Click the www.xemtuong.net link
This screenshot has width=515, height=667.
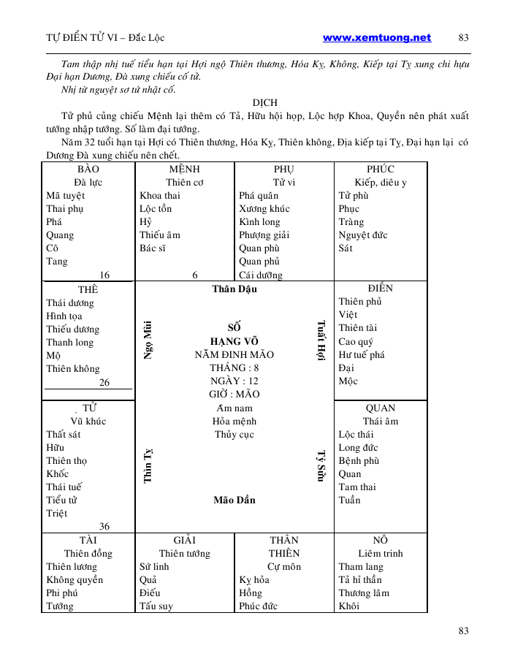click(x=376, y=38)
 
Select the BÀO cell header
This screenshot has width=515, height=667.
click(x=88, y=169)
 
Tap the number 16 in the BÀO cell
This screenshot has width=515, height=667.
click(x=104, y=275)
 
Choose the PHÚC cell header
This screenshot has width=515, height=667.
click(x=380, y=169)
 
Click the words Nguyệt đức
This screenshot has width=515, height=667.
click(x=363, y=235)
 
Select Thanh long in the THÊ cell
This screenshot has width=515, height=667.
click(x=69, y=343)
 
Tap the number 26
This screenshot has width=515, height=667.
click(x=104, y=382)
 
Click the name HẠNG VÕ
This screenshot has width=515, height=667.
click(x=234, y=341)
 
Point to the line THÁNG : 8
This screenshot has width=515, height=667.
click(x=234, y=367)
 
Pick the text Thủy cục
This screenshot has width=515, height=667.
click(x=234, y=435)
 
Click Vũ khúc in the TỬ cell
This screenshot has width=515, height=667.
click(x=88, y=421)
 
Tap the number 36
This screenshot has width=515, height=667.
click(x=104, y=526)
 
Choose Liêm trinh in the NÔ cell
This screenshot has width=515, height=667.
click(x=380, y=553)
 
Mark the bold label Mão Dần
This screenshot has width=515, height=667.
click(x=234, y=500)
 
